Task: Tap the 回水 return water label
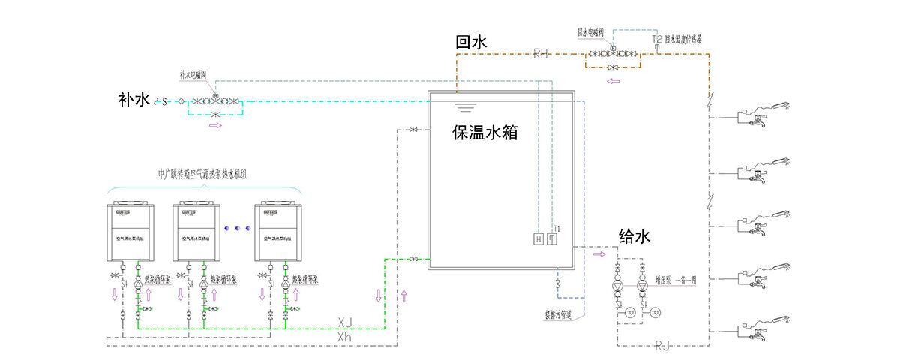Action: coord(472,42)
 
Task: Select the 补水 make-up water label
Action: coord(134,100)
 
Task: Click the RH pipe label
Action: coord(541,53)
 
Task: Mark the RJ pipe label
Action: coord(662,345)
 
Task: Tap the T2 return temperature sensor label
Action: coord(656,38)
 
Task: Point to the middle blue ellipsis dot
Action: coord(238,226)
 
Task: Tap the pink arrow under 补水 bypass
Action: coord(215,126)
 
